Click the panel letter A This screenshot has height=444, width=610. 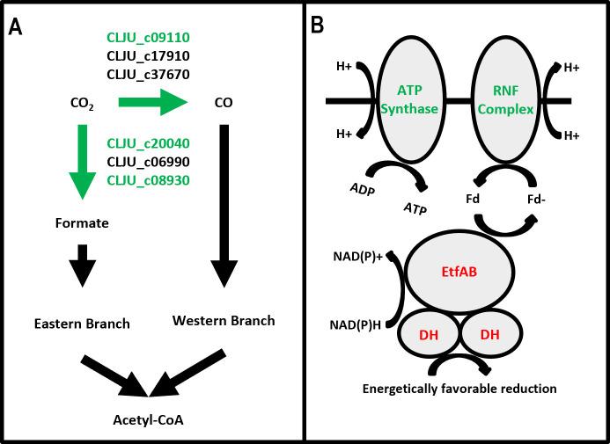pos(16,27)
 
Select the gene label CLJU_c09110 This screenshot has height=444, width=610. pos(148,38)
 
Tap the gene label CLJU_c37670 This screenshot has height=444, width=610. pos(148,74)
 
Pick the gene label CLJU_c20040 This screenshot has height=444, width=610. pos(148,143)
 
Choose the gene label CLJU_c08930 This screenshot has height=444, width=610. pos(148,180)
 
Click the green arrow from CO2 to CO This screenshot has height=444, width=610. pos(151,102)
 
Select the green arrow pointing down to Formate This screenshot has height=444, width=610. pos(82,164)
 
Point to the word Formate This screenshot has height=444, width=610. pos(82,223)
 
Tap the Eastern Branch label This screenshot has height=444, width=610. pos(82,324)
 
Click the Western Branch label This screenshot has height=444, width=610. pos(224,320)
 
